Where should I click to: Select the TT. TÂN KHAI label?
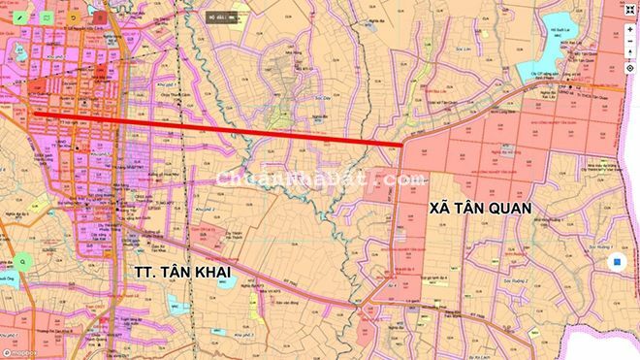point(179,273)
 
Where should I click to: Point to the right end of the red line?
point(402,146)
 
